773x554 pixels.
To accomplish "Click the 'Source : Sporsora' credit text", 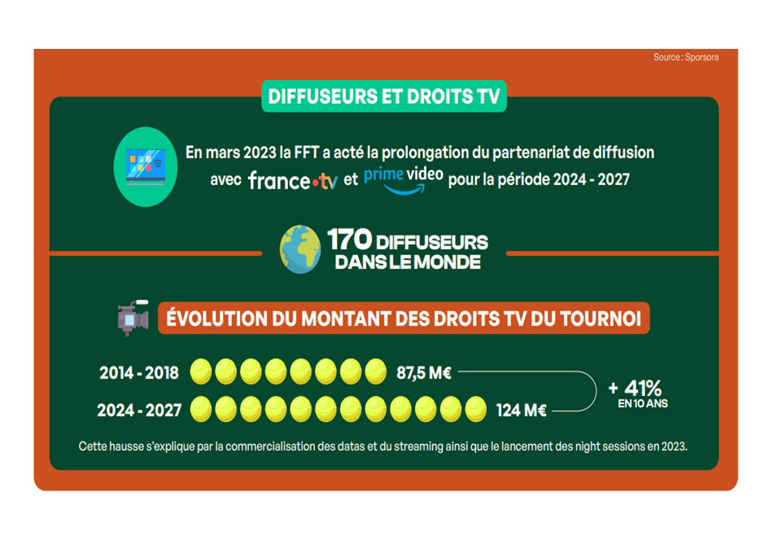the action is tap(686, 57).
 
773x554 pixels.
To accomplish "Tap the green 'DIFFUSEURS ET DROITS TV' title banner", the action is tap(383, 96).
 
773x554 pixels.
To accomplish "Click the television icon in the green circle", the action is tap(146, 167).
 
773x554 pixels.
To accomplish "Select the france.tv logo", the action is tap(293, 181).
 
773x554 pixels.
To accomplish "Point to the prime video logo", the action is tap(404, 180).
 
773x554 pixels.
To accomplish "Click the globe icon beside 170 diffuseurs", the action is tap(300, 248).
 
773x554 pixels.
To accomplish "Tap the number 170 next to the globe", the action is tap(350, 240).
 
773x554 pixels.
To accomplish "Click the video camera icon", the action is tap(133, 318).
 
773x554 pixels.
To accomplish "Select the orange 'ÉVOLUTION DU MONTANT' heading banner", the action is tap(404, 318).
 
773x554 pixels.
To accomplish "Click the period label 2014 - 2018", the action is tap(139, 373).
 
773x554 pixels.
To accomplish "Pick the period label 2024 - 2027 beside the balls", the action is tap(139, 411).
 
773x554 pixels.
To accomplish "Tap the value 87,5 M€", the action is tap(424, 373).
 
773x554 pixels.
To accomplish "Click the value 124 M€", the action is tap(522, 411).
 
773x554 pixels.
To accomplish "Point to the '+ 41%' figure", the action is tap(635, 388).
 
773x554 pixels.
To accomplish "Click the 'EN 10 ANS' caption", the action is tap(643, 404).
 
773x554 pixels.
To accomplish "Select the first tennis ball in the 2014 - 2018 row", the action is tap(201, 372).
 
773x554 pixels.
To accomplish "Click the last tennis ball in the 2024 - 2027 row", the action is tap(476, 409).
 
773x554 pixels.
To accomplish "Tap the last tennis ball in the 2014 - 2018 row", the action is tap(376, 372).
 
